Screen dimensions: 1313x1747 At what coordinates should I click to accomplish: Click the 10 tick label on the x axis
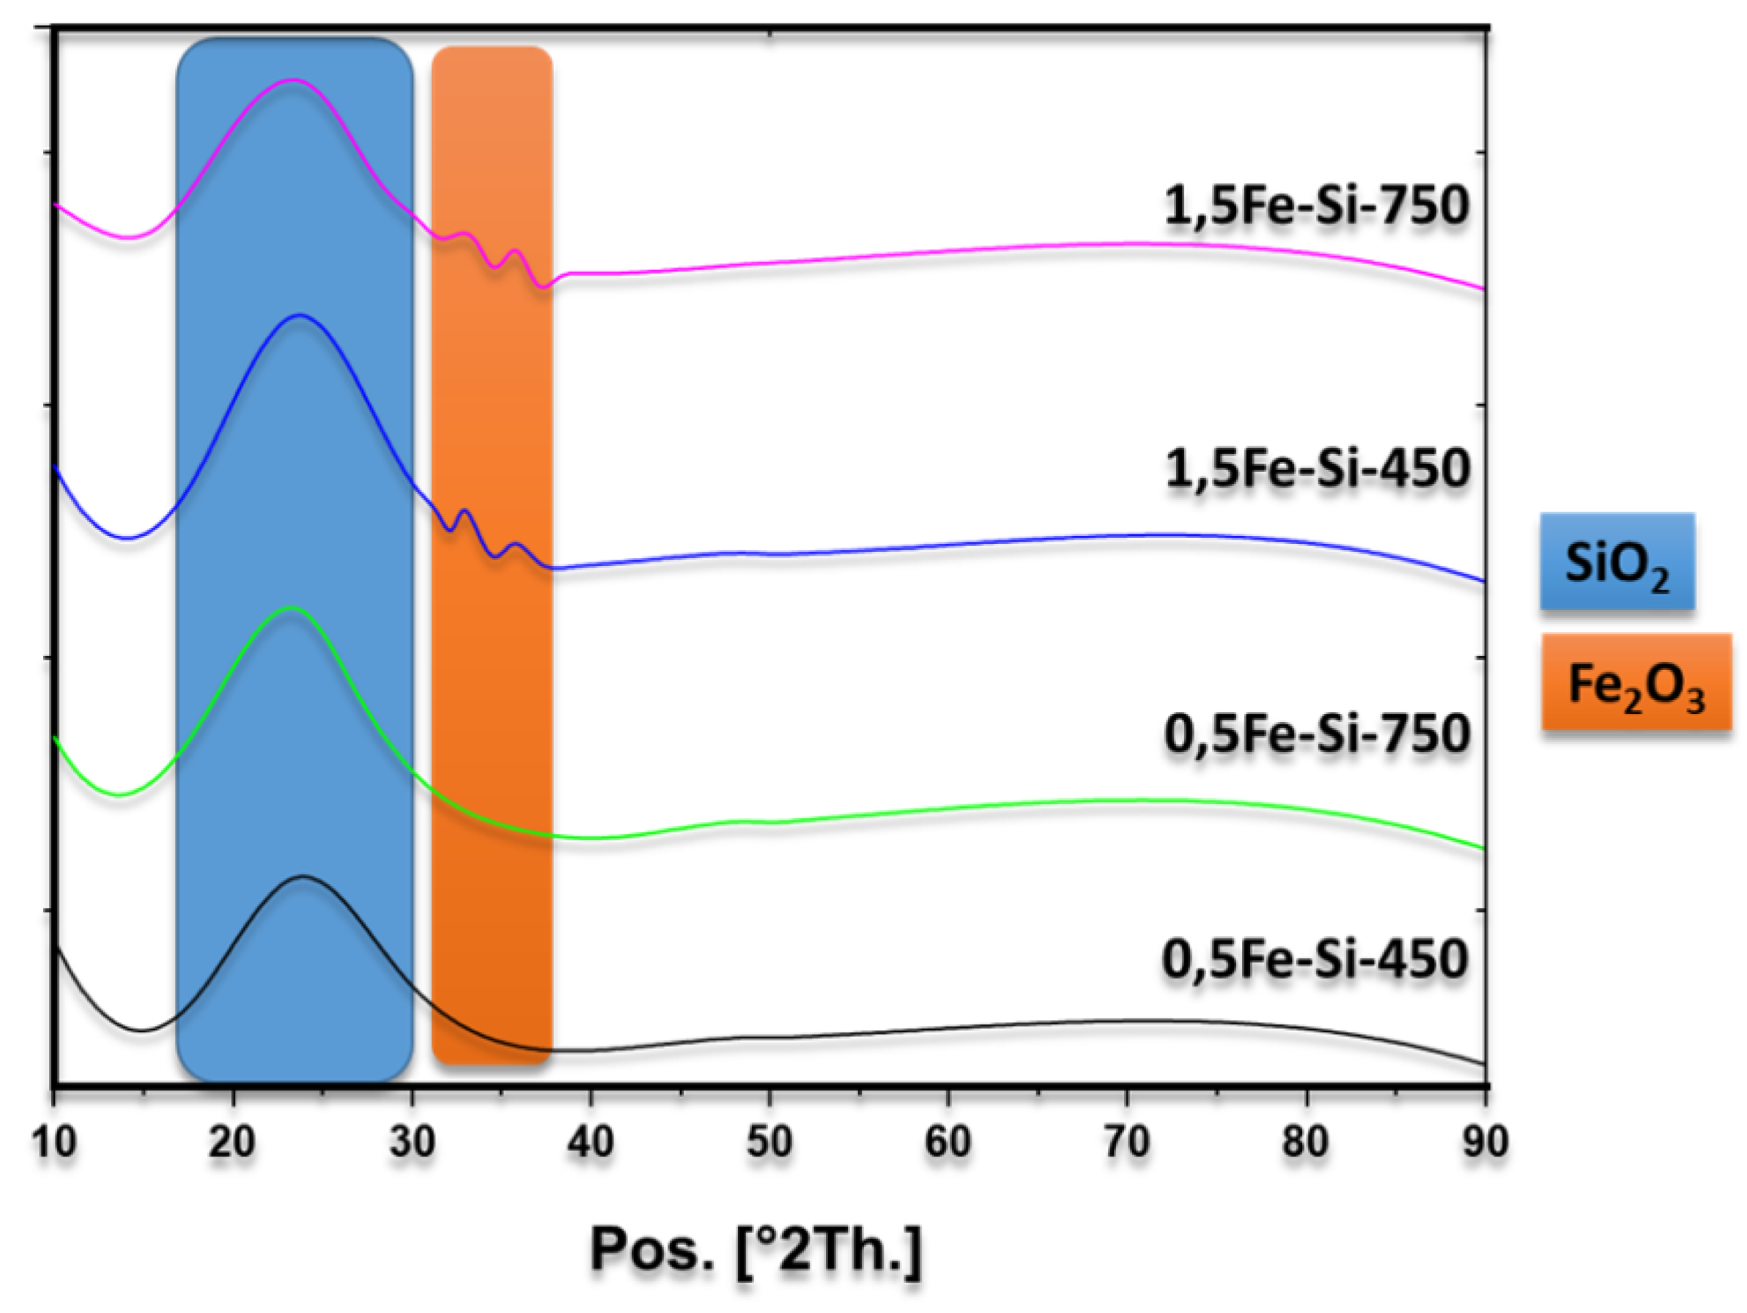(53, 1142)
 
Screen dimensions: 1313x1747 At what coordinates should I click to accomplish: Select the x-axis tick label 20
(232, 1142)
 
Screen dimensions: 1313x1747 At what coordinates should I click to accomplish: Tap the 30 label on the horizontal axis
(412, 1142)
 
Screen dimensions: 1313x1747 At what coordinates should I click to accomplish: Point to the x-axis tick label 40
(591, 1142)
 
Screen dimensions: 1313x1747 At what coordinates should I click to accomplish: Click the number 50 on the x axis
(769, 1142)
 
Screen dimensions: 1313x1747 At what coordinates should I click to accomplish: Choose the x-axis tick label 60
(948, 1142)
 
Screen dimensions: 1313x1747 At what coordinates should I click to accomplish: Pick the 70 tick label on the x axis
(1127, 1142)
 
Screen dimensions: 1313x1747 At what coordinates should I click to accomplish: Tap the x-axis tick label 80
(1307, 1142)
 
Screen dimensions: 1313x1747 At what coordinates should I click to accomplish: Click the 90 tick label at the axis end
(1485, 1142)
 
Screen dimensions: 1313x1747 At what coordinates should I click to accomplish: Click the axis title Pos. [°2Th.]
(756, 1250)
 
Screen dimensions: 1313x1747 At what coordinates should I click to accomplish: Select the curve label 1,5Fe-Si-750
(1317, 205)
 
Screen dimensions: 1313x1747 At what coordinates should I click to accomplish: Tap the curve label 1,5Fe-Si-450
(1318, 468)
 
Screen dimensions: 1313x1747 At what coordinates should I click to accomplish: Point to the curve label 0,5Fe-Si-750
(1317, 734)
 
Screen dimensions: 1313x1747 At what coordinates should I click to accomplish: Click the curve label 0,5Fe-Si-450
(1315, 960)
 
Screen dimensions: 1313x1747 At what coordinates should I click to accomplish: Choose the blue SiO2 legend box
(1617, 562)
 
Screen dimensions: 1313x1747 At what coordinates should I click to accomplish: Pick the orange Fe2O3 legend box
(1636, 683)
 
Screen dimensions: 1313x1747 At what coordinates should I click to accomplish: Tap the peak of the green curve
(292, 608)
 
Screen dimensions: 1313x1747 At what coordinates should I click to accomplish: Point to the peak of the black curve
(303, 876)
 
